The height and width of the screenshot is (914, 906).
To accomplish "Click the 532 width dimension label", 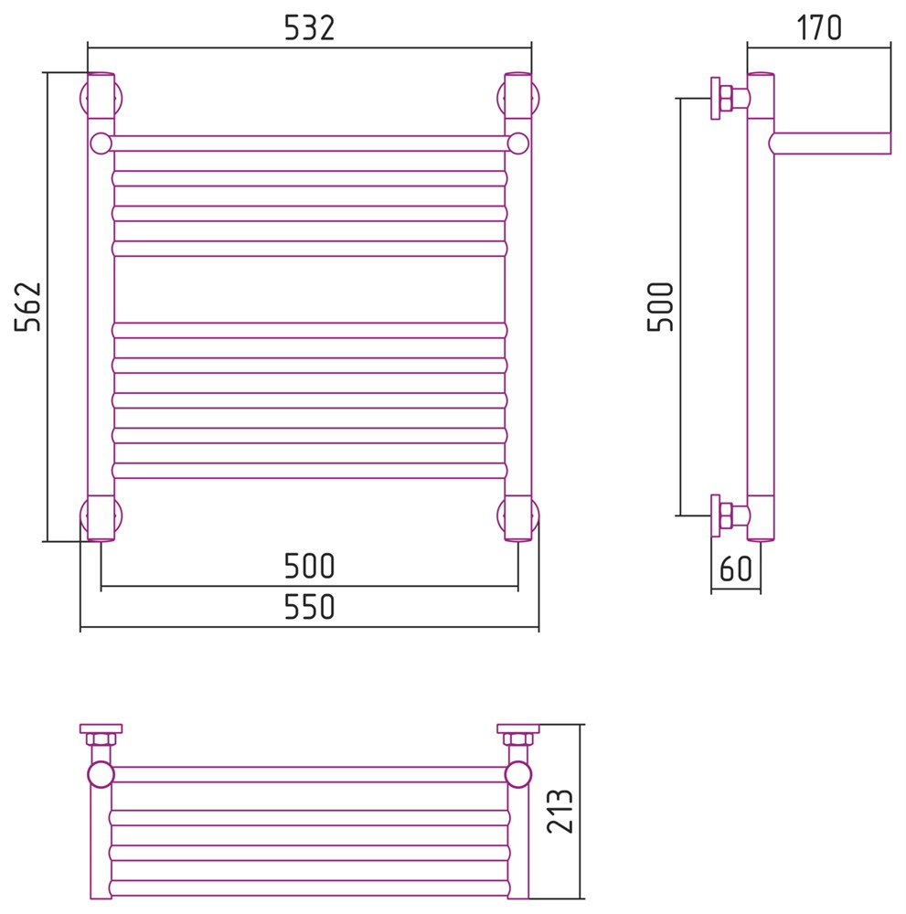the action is pos(309,28).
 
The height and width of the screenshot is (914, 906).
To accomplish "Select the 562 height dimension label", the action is pos(28,306).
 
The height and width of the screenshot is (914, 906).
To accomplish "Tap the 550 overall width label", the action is pos(309,607).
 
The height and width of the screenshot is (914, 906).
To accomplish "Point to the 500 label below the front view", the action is pos(309,566).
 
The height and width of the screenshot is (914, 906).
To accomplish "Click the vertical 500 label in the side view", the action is pos(661,306).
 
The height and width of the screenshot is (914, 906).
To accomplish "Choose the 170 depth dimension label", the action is pos(818,28).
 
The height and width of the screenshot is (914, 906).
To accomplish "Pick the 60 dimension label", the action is pos(736,569).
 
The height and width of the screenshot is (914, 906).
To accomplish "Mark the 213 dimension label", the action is pos(560,811).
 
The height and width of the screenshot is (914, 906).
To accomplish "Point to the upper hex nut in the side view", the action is pos(727,98).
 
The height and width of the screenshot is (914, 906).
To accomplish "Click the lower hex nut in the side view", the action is pos(727,515).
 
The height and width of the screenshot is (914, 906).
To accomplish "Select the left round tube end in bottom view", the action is pos(101,774).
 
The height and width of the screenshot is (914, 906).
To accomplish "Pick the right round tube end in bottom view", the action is pos(517,774).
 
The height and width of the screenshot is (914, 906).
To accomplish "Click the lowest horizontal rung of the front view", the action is pos(310,471).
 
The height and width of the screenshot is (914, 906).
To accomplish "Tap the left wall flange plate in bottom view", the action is pos(101,728).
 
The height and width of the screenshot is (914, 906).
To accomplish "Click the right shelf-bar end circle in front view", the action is pos(517,143).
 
